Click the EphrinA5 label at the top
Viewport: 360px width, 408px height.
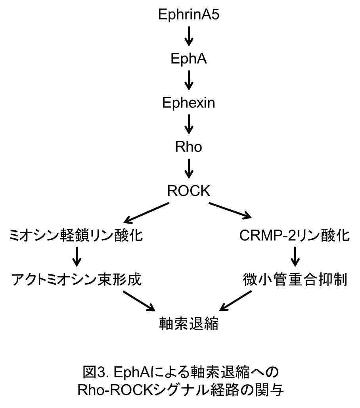tap(189, 15)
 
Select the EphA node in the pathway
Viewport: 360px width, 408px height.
tap(189, 59)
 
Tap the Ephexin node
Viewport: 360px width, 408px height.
tap(189, 103)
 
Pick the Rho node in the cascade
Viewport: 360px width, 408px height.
tap(189, 147)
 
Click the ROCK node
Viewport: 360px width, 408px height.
tap(189, 191)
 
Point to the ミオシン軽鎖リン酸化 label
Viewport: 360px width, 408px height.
tap(76, 236)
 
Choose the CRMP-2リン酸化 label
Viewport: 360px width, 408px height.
tap(295, 236)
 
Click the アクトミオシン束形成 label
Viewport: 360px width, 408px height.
tap(76, 280)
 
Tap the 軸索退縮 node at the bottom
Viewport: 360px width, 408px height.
tap(189, 324)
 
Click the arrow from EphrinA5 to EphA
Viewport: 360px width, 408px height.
tap(189, 37)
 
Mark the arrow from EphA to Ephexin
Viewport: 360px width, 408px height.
tap(189, 80)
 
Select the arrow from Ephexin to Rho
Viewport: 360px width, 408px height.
tap(189, 125)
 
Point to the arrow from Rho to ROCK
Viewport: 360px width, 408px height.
tap(189, 169)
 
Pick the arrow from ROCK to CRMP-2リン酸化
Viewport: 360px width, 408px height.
tap(230, 210)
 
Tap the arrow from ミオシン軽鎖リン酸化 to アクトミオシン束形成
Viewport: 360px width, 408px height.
tap(77, 258)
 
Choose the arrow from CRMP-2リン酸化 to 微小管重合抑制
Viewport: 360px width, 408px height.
tap(295, 258)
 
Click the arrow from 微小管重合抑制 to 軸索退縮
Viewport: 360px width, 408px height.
tap(236, 301)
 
